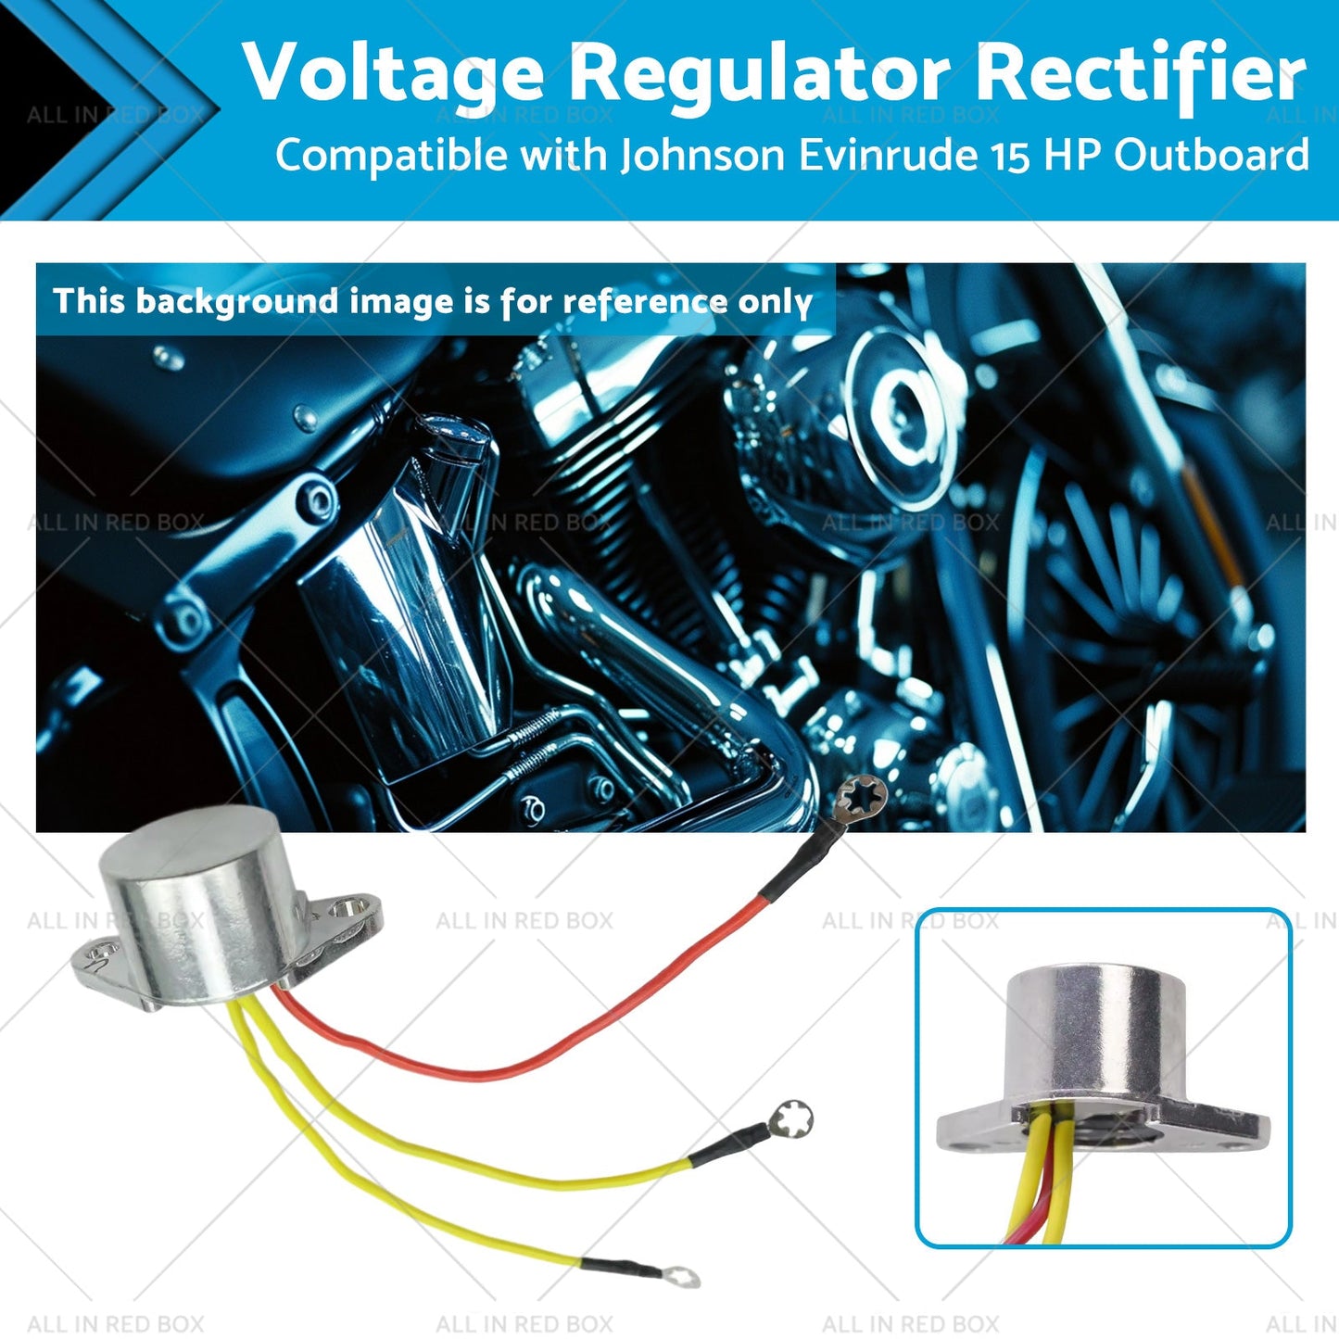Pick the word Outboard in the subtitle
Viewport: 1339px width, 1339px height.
point(1211,156)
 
